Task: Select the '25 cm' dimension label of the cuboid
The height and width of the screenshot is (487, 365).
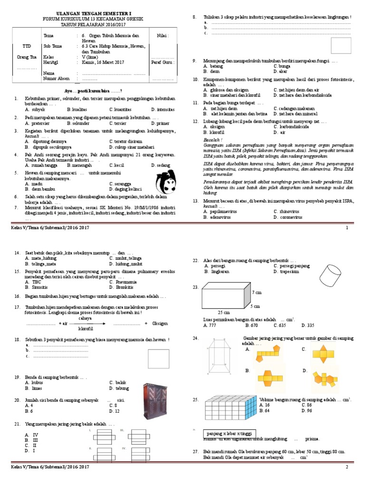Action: (x=223, y=313)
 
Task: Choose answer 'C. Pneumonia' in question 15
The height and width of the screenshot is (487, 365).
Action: (x=125, y=282)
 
